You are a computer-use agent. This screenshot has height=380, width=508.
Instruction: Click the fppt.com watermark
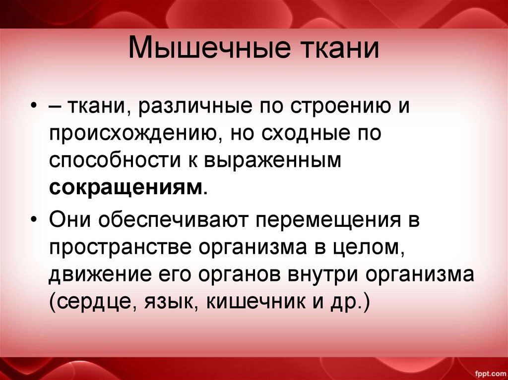tap(488, 371)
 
